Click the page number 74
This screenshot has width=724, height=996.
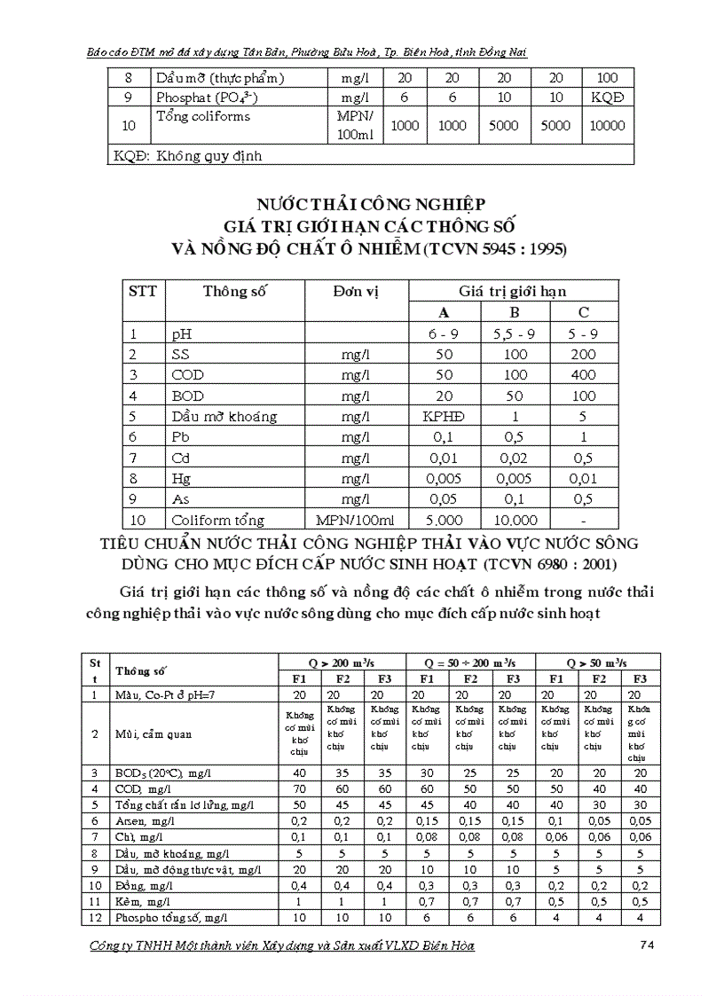(646, 945)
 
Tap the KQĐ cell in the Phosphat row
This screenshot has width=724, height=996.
(608, 97)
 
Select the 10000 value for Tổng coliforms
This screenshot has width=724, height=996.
(608, 125)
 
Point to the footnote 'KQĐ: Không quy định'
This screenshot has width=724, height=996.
(188, 156)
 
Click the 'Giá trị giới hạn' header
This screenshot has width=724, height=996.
(513, 291)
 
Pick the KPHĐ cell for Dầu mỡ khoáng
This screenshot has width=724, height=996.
(444, 416)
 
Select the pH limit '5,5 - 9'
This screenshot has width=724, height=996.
(513, 334)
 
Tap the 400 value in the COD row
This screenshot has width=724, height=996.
(583, 375)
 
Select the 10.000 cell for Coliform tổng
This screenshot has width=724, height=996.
(513, 520)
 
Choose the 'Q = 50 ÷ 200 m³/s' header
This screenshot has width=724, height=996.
(470, 663)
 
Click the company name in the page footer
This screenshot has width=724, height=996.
(282, 945)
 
